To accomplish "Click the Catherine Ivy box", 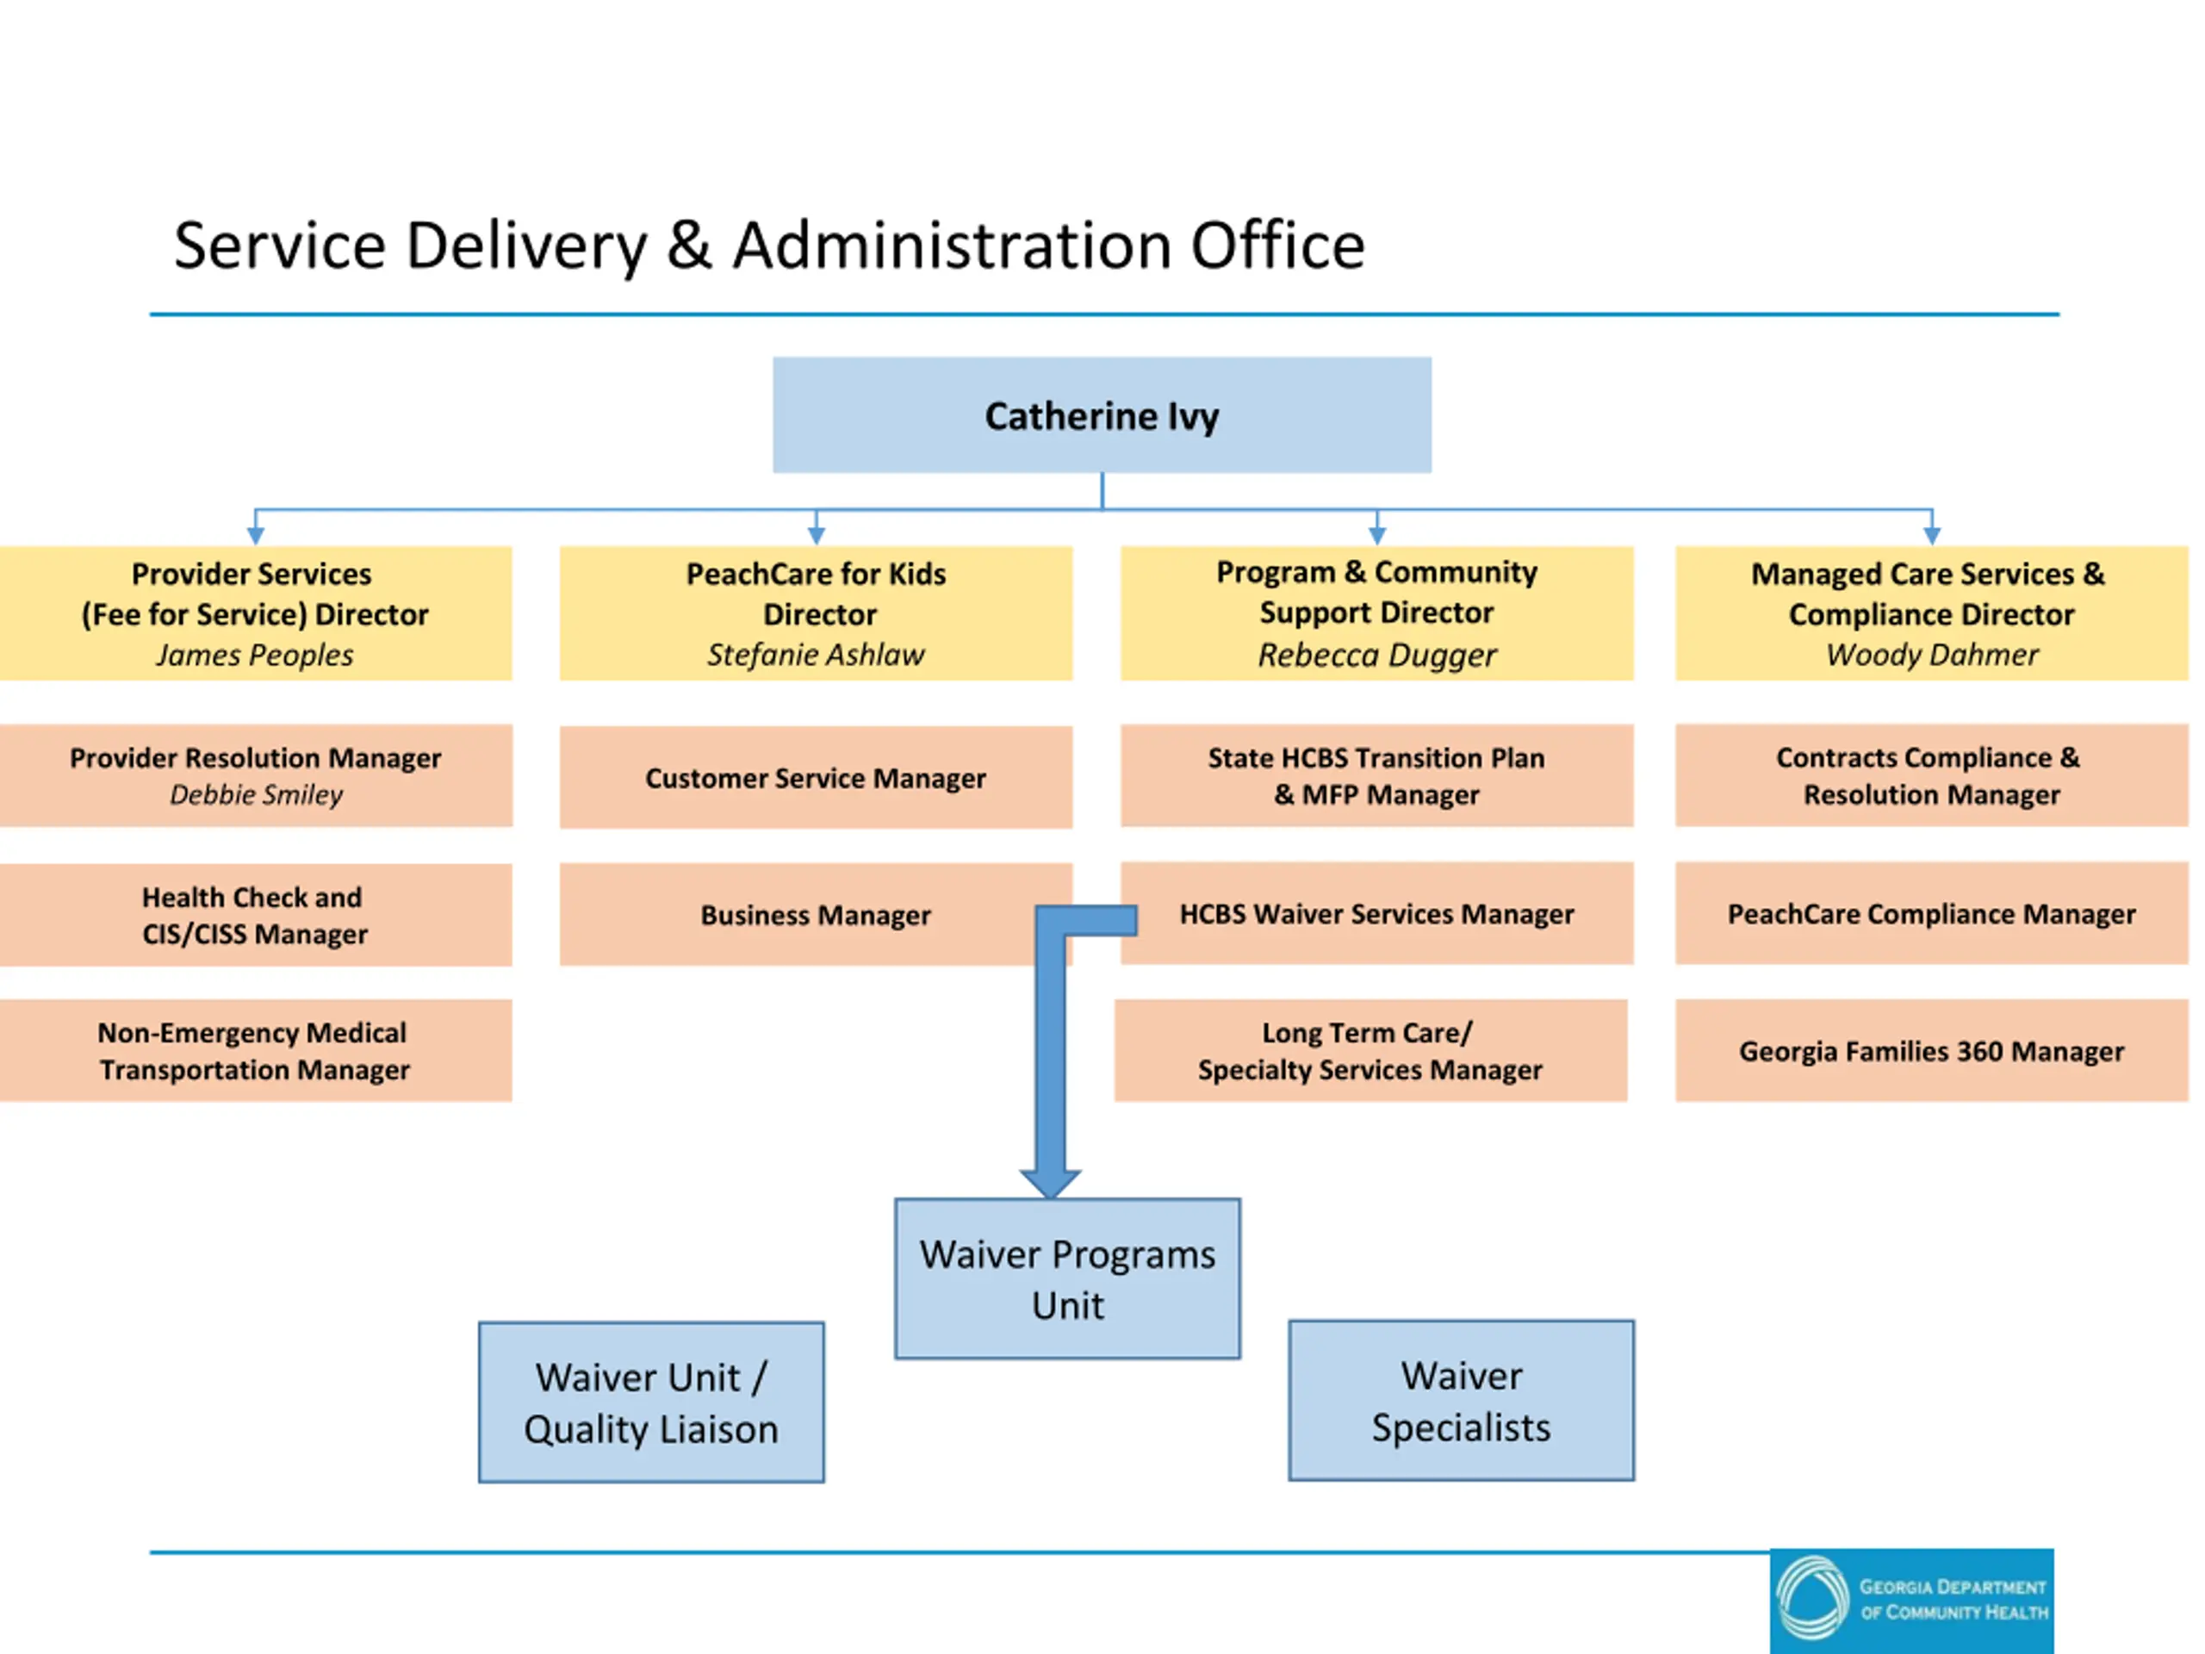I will click(1102, 414).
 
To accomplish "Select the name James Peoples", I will click(254, 655).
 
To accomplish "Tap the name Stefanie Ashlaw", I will click(816, 655).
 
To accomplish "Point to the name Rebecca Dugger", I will click(1376, 655).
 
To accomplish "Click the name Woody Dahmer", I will click(1932, 655).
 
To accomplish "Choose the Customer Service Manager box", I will click(816, 778).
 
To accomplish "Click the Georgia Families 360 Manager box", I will click(1932, 1051).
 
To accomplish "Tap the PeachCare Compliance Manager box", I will click(1932, 913).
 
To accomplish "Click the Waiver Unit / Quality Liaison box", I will click(651, 1402).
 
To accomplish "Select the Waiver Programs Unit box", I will click(1067, 1279).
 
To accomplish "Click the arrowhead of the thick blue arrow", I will click(1050, 1184).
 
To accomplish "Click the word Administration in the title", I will click(951, 246).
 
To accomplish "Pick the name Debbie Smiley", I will click(255, 794).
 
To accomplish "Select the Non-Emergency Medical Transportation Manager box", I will click(255, 1051).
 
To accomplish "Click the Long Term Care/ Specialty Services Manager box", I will click(1370, 1051).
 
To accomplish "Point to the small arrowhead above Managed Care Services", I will click(1932, 535).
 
